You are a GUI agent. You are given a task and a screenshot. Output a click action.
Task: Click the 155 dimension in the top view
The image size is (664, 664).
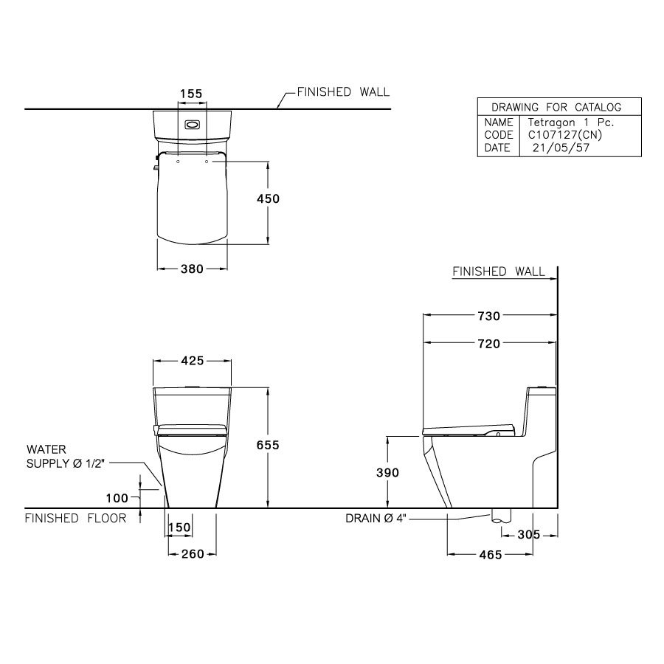191,94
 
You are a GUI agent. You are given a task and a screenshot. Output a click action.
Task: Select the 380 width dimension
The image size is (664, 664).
192,269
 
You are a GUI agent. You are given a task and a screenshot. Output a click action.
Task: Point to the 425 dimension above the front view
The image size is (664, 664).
192,361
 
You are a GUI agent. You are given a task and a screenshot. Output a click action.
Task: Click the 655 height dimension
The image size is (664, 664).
268,446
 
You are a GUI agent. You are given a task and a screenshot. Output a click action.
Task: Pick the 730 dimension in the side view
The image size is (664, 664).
488,316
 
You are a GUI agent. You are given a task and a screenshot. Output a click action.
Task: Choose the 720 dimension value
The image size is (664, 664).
488,343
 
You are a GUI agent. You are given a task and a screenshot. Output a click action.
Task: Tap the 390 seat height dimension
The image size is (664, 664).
387,472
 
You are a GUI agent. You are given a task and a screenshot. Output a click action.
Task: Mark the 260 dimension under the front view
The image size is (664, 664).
192,555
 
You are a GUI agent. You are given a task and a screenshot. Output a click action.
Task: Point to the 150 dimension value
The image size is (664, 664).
179,528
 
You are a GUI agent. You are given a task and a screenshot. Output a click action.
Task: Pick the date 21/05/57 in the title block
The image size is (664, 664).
560,148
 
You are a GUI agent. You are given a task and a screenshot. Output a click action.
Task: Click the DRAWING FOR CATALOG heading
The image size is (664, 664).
556,107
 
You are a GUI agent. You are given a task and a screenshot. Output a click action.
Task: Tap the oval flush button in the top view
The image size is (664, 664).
192,125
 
